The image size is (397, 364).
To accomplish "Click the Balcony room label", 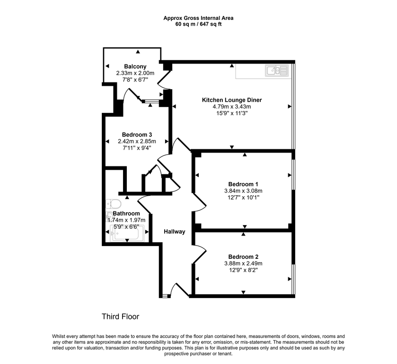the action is click(x=135, y=66).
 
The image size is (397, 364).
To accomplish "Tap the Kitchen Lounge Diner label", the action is click(x=232, y=100).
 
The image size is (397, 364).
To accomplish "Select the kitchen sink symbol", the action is click(x=277, y=71).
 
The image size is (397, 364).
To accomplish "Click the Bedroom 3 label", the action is click(x=137, y=135).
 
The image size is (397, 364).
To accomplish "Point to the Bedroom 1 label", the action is click(x=243, y=184).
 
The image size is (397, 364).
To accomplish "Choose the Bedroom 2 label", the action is click(x=243, y=257).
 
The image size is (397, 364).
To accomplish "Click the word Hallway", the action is click(x=175, y=232).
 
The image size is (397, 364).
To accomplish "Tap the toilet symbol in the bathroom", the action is click(x=113, y=204).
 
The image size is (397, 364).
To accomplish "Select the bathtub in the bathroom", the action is click(x=127, y=233).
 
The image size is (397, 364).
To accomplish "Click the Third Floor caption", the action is click(x=121, y=317).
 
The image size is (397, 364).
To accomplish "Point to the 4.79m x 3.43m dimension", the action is click(x=232, y=107).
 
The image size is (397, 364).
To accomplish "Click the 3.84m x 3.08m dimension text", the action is click(x=243, y=191).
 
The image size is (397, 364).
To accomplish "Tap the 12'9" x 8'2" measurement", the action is click(x=243, y=270).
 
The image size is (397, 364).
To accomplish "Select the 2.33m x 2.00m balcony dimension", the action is click(x=135, y=73).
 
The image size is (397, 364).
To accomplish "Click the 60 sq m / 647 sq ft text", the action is click(x=199, y=24).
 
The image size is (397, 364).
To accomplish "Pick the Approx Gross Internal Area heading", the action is click(x=199, y=18).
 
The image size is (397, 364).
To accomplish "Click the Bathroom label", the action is click(x=126, y=214).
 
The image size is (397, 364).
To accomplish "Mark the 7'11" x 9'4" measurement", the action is click(x=137, y=148).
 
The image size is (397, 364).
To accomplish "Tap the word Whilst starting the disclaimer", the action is click(x=59, y=337).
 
